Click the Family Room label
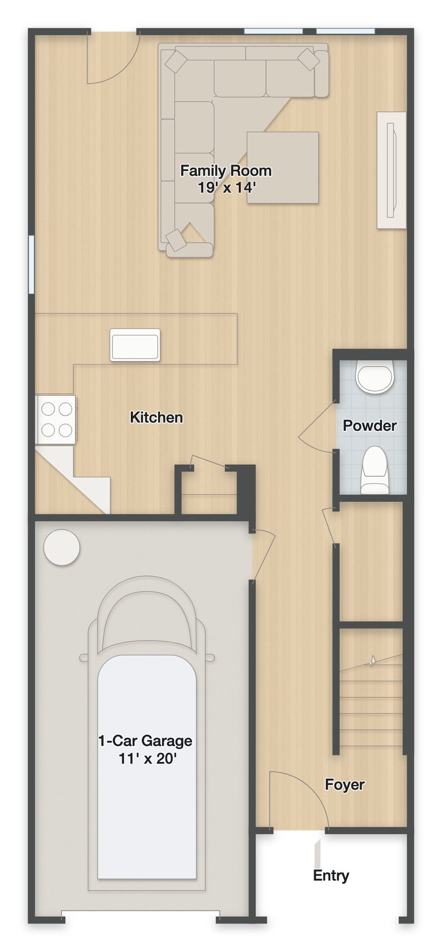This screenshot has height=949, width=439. click(x=226, y=171)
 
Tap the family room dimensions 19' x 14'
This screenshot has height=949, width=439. click(x=227, y=187)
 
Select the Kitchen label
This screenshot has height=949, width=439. click(x=156, y=418)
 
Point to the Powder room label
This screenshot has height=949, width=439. click(x=370, y=425)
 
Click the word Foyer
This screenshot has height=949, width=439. click(x=345, y=785)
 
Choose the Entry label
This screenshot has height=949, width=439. click(x=331, y=876)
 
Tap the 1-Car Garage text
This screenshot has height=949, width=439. click(x=145, y=741)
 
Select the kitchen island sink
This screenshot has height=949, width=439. click(x=135, y=345)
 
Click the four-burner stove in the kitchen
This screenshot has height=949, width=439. click(x=56, y=419)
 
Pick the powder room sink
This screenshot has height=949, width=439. click(x=375, y=376)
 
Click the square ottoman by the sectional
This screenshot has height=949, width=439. click(x=283, y=168)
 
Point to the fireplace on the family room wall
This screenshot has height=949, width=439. click(x=392, y=170)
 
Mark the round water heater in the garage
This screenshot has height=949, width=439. click(x=62, y=548)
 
